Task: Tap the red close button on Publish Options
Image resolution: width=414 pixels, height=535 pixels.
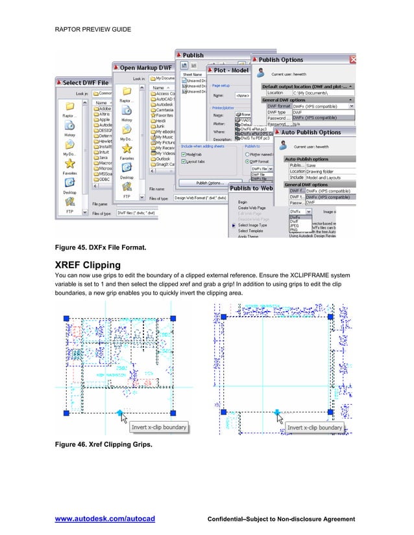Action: click(353, 59)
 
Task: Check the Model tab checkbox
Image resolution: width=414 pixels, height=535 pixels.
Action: click(184, 155)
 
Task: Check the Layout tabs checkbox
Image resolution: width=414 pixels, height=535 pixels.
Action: click(184, 162)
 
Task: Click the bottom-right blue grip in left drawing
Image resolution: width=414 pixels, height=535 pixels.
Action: click(173, 413)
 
